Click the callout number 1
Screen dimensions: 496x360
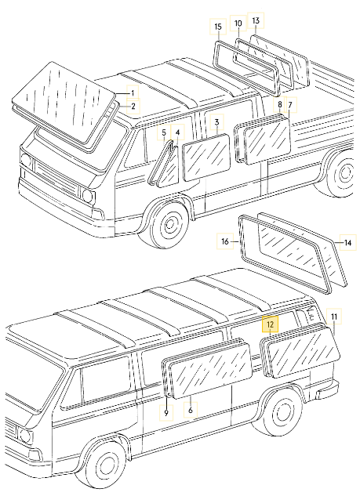(133, 93)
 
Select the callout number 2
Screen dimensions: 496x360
(133, 106)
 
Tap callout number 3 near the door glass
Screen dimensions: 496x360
(217, 121)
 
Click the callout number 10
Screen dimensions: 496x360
(238, 24)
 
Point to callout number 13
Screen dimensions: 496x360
(255, 19)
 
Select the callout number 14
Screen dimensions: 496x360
(347, 244)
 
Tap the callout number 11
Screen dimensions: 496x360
(335, 317)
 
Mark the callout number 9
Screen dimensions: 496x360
(167, 411)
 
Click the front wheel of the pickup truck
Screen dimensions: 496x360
(168, 225)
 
